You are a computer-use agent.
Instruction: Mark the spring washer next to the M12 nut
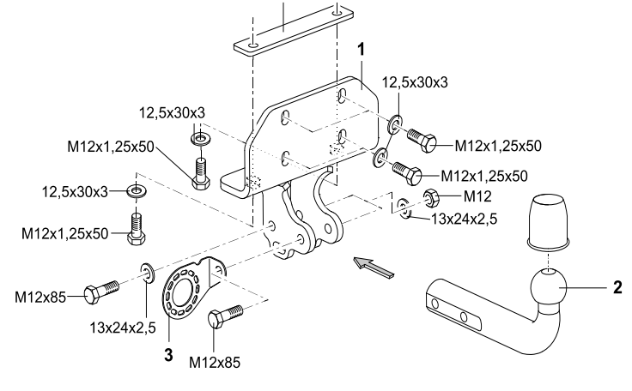(405, 206)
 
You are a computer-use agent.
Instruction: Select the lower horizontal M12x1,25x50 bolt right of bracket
(405, 170)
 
